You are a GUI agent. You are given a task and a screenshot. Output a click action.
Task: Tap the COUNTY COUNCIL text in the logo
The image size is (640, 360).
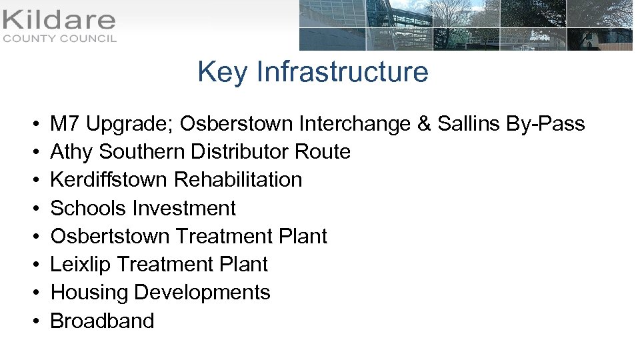[59, 39]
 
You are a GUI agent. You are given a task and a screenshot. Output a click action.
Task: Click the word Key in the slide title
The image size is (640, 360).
[223, 72]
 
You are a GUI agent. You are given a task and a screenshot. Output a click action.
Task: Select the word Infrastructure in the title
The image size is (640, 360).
[342, 72]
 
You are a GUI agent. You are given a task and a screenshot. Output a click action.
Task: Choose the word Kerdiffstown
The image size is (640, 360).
[109, 180]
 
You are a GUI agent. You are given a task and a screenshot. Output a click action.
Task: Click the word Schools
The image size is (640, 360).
[89, 209]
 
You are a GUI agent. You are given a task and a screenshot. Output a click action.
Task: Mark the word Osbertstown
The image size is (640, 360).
[110, 237]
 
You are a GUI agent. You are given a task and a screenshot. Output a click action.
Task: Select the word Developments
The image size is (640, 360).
[202, 293]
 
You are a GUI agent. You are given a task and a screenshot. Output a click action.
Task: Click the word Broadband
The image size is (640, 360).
[102, 321]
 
